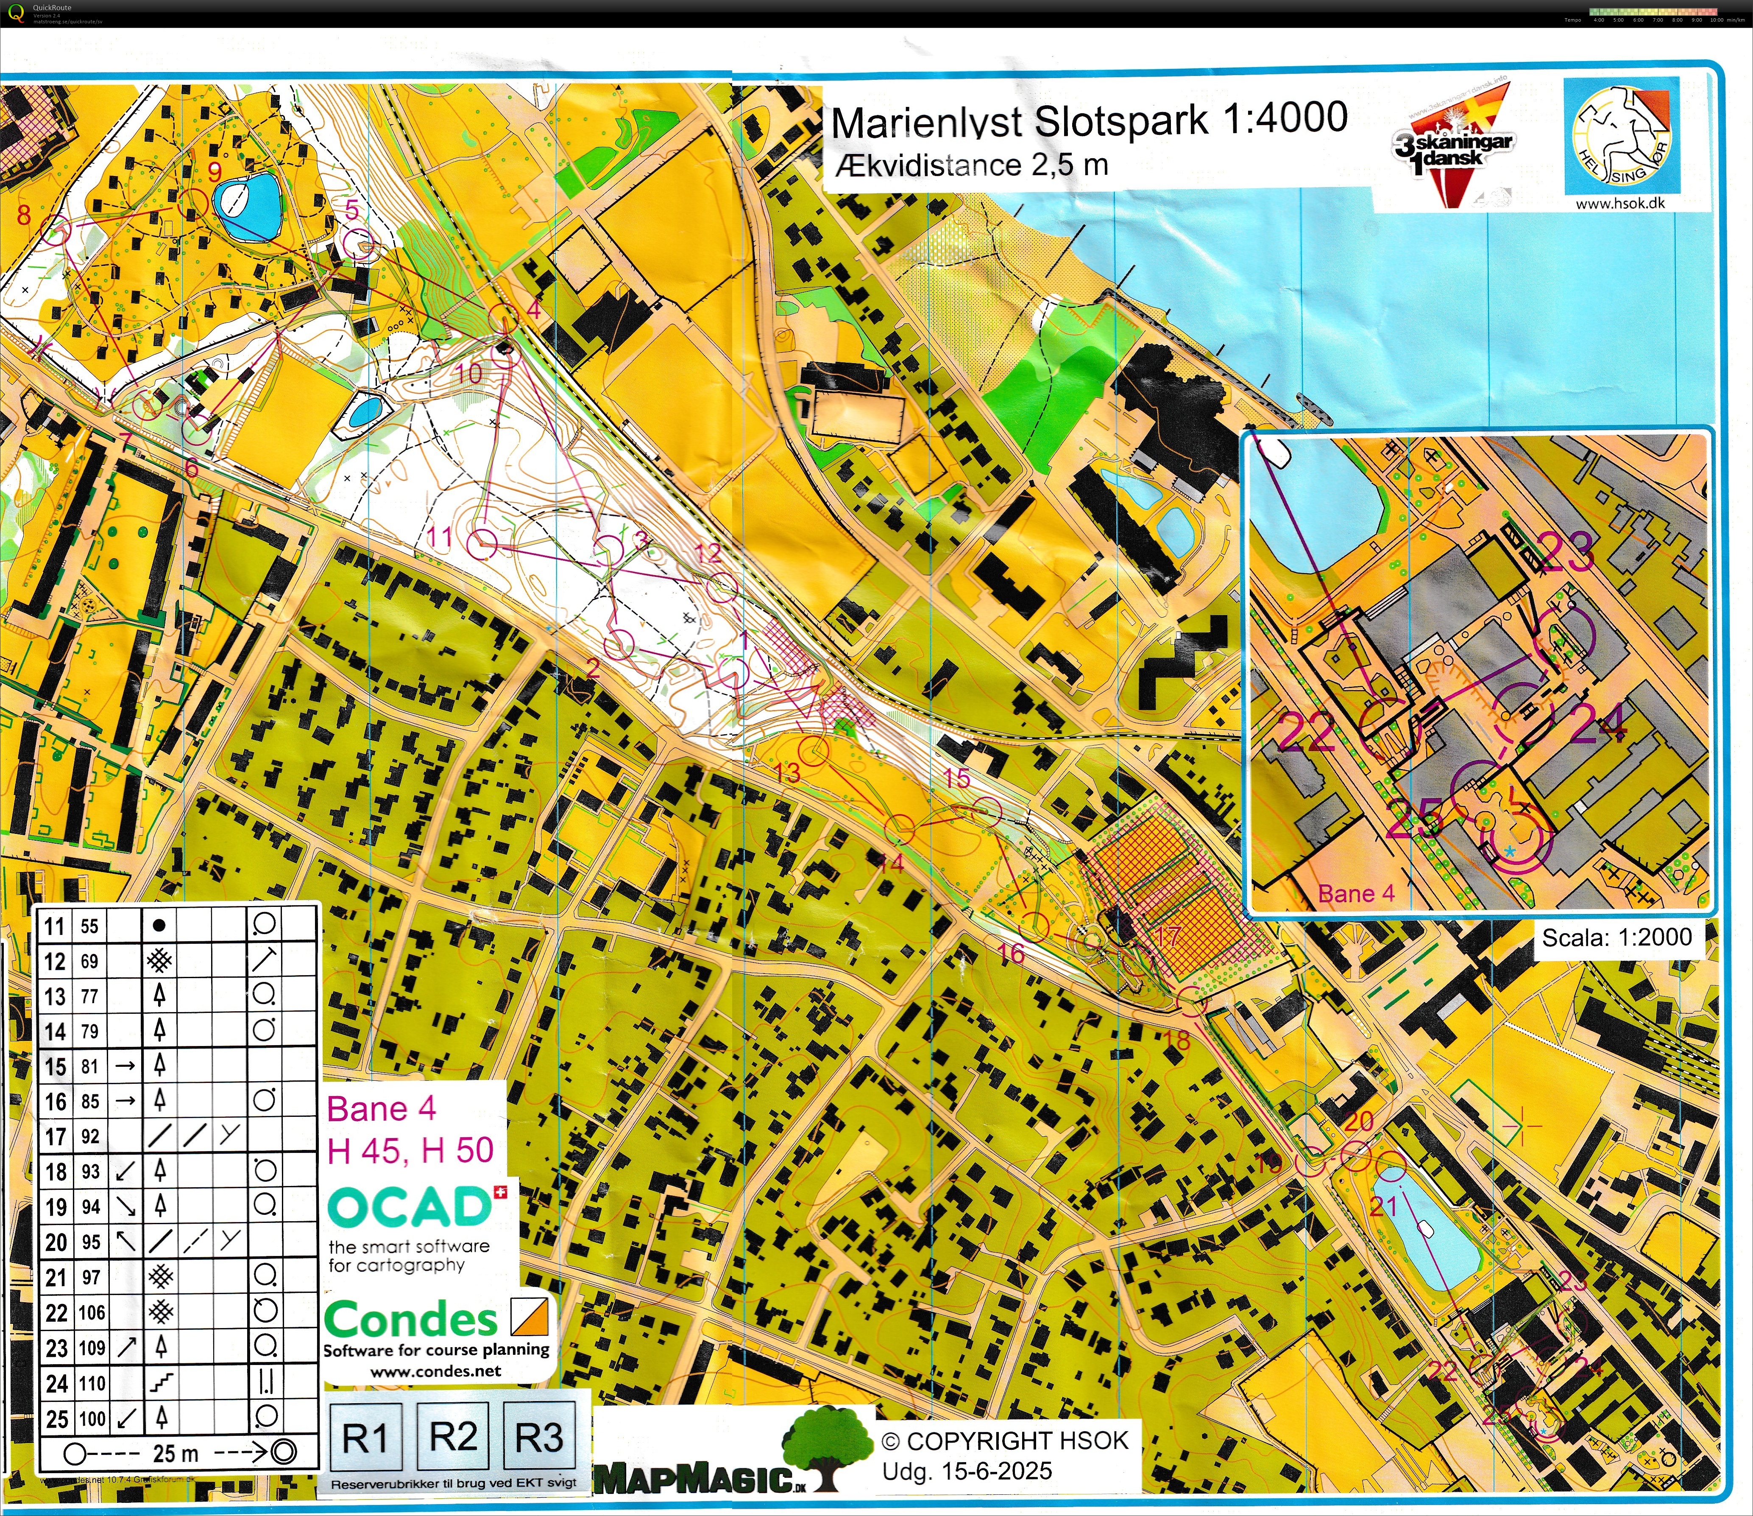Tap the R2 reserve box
454,1436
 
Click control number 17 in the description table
55,1137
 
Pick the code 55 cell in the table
90,926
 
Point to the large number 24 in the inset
1599,724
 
